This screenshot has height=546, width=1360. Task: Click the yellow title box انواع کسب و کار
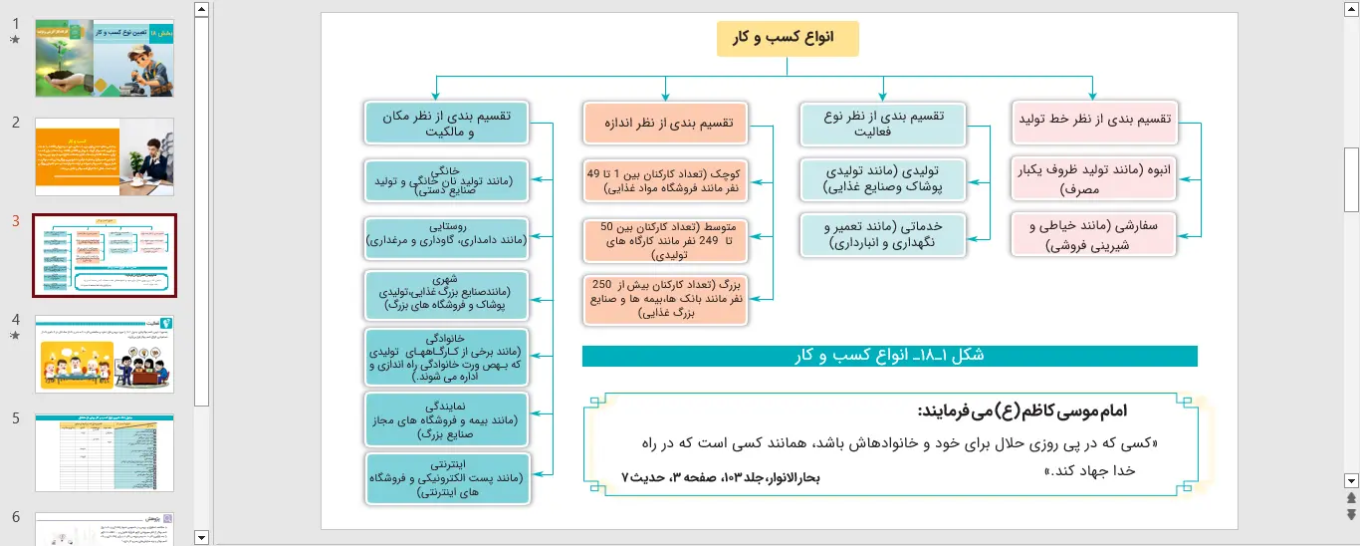click(787, 38)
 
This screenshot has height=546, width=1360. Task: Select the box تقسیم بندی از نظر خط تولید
click(1094, 121)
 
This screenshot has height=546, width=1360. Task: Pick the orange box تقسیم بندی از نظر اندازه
click(667, 123)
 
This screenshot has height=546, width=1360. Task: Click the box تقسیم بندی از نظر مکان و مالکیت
click(445, 123)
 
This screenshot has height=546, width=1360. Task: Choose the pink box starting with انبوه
click(1094, 177)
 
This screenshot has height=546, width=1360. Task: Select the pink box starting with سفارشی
click(1094, 234)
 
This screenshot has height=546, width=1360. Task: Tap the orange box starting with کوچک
click(666, 180)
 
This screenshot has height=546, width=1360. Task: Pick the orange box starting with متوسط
click(666, 240)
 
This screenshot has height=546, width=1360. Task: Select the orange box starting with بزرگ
click(666, 300)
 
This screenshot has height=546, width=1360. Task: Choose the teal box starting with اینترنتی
click(445, 478)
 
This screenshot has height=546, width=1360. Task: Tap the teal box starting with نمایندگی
click(445, 419)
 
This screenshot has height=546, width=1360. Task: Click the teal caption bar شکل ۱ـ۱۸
click(889, 356)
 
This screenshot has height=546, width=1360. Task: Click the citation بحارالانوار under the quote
click(721, 478)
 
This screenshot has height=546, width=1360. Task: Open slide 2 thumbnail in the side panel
click(105, 156)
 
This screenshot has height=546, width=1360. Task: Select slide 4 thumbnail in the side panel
click(105, 353)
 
